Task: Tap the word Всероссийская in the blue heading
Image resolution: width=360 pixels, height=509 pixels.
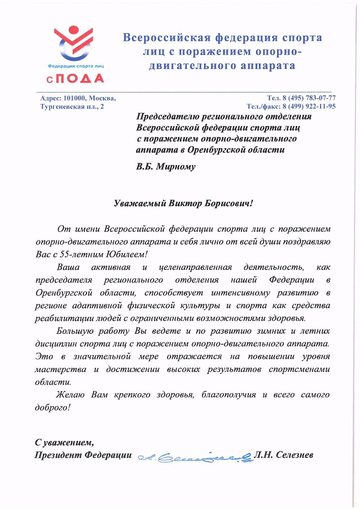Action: click(165, 38)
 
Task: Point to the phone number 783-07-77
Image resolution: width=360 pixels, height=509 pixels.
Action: click(318, 98)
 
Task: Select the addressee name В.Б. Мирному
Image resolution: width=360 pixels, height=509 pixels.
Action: click(166, 167)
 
